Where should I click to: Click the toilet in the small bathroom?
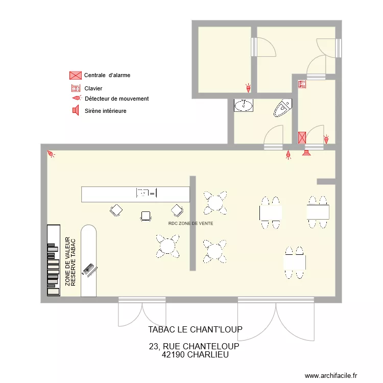(x=282, y=108)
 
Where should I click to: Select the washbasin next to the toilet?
(x=244, y=105)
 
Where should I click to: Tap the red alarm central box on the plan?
(x=302, y=137)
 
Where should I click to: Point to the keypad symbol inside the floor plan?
(x=302, y=84)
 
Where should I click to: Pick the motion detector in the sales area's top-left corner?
(x=51, y=154)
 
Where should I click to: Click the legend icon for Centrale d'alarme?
(x=75, y=76)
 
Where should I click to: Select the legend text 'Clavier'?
(x=93, y=89)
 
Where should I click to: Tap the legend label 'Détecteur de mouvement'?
(x=116, y=99)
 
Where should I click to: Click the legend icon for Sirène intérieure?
(x=75, y=110)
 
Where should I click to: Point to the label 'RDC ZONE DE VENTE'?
(x=190, y=224)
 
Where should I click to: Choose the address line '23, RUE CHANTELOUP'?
(x=195, y=346)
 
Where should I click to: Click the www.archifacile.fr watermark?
(x=332, y=375)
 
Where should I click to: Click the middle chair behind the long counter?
(x=147, y=216)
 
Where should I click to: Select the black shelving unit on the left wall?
(x=53, y=260)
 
